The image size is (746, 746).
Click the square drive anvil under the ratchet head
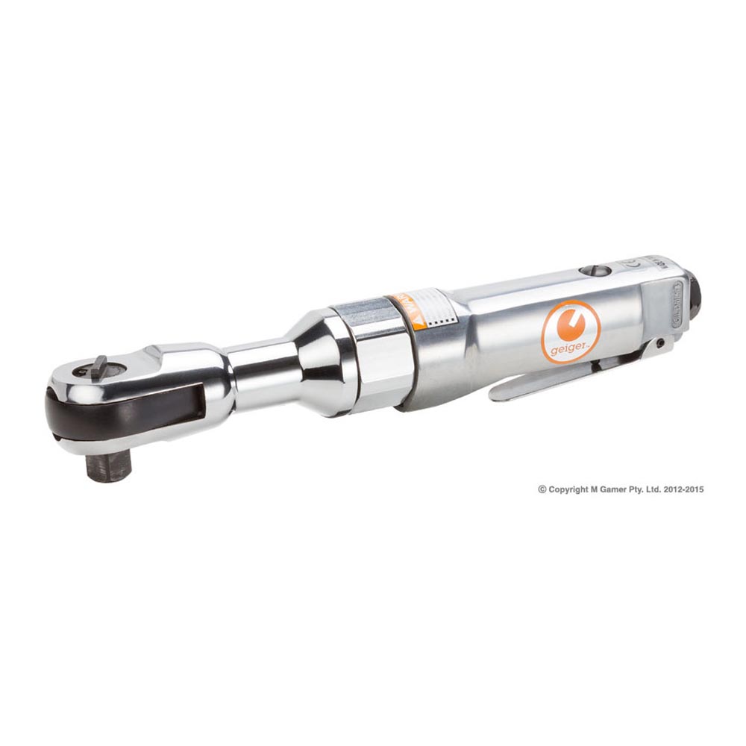[x=107, y=466]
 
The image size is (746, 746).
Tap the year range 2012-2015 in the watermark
[x=684, y=489]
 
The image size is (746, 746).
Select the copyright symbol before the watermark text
[x=542, y=489]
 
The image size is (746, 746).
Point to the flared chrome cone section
[x=310, y=362]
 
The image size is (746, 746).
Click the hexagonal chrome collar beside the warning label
[x=373, y=351]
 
